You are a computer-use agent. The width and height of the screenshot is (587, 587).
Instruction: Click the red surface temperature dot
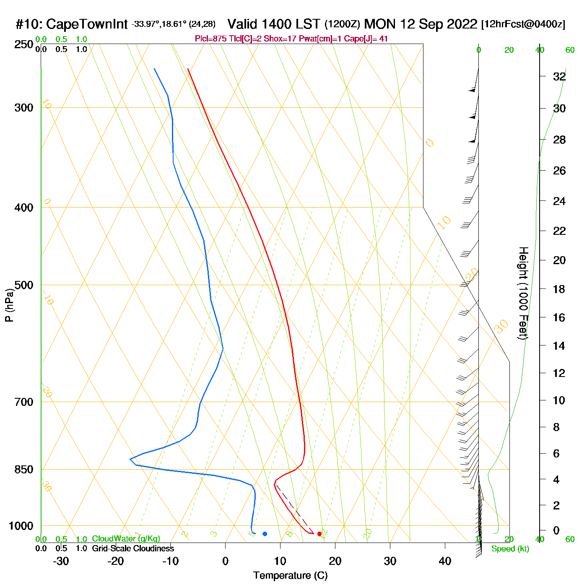point(319,534)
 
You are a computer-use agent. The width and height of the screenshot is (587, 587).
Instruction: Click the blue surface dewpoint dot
point(265,534)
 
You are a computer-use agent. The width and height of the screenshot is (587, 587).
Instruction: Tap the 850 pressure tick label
point(23,470)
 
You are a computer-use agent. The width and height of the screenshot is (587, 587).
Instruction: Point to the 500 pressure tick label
point(23,285)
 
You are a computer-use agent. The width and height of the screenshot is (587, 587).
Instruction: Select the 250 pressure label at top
point(23,44)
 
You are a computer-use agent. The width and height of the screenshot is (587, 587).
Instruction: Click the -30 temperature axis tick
point(61,561)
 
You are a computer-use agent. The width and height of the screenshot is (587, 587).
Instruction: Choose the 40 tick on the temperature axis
point(445,561)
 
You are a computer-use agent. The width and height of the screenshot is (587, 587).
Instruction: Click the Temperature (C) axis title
point(290,576)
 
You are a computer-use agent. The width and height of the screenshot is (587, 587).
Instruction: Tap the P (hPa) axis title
point(9,305)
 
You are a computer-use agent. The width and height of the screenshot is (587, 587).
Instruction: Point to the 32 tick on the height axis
point(559,77)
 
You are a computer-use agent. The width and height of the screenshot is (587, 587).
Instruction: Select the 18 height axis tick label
point(559,289)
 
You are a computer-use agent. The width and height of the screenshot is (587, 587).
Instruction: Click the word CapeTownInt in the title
point(87,24)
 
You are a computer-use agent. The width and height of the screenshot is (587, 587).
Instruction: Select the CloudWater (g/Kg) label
point(126,539)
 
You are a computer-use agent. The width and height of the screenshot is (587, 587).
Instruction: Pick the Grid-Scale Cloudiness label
point(133,548)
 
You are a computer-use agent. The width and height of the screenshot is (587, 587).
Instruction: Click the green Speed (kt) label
point(510,549)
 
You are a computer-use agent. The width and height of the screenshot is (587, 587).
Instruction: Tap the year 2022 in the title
point(462,24)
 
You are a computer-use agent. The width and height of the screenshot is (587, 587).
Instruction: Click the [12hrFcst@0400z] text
point(523,24)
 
